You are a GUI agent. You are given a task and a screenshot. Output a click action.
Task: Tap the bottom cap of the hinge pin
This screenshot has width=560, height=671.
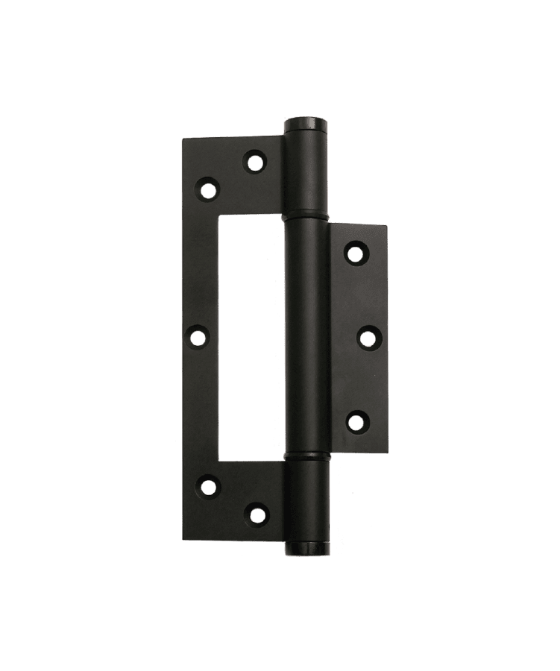[306, 549]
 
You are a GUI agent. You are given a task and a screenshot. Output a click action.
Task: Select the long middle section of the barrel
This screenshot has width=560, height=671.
[306, 335]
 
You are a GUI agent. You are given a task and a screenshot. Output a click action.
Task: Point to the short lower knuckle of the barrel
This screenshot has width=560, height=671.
[306, 500]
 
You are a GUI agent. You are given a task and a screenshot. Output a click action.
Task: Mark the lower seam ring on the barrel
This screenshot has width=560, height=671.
[306, 455]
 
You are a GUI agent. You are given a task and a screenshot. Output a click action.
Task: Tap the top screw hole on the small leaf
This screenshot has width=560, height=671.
[356, 253]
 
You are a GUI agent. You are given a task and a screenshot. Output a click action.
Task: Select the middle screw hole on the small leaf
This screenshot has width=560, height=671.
[367, 338]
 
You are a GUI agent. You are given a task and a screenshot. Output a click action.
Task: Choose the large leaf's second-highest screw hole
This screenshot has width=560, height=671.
[208, 189]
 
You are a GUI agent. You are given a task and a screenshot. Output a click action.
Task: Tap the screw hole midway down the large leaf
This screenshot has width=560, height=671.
[198, 337]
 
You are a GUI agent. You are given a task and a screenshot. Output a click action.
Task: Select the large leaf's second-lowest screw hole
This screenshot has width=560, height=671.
[209, 488]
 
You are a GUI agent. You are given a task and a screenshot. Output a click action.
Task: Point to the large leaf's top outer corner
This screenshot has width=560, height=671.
[184, 137]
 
